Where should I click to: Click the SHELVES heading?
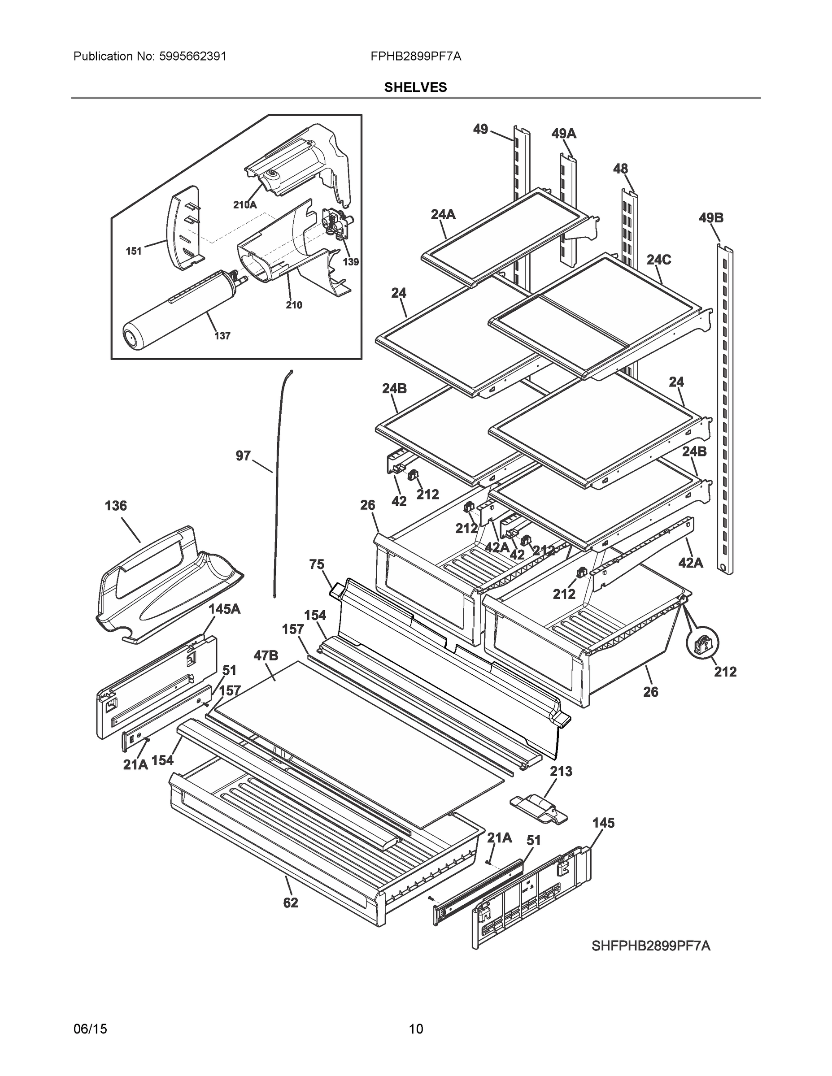coord(415,87)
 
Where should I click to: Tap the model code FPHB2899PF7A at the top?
coord(415,56)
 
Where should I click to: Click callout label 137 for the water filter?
coord(222,335)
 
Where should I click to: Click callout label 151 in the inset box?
coord(134,251)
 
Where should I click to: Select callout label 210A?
coord(245,204)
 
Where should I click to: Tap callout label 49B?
coord(711,217)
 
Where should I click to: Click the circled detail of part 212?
coord(702,643)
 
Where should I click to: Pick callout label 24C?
coord(658,260)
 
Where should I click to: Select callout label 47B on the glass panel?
coord(266,655)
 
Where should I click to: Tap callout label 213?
coord(561,771)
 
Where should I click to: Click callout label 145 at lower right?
coord(603,822)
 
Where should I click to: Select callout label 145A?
coord(224,609)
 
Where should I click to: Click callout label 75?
coord(317,564)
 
